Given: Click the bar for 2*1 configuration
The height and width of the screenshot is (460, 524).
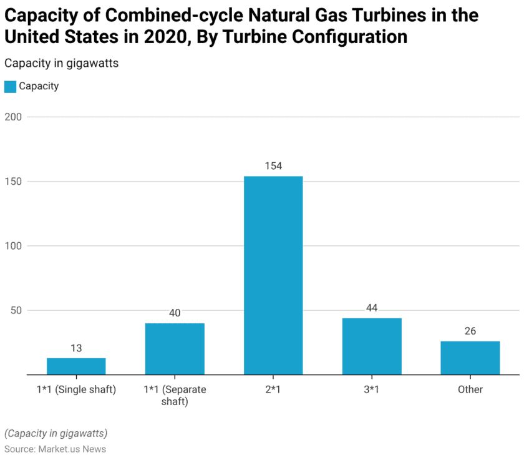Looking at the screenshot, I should click(273, 275).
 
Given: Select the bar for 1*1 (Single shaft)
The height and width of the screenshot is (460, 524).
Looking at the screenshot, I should click(76, 366).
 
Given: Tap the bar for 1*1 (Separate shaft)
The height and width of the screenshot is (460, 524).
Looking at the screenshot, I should click(175, 349).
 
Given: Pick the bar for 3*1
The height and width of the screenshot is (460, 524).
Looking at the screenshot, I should click(372, 346).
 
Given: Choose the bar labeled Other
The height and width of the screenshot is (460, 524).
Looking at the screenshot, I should click(470, 358).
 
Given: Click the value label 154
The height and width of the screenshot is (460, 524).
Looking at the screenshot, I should click(273, 166).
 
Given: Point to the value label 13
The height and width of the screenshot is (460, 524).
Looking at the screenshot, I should click(76, 348).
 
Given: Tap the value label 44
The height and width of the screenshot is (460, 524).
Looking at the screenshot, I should click(372, 308).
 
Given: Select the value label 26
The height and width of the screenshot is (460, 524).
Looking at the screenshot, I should click(470, 331).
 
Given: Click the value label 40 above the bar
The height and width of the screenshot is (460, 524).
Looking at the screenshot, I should click(175, 313).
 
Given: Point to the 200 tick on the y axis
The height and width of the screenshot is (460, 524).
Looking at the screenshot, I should click(14, 117).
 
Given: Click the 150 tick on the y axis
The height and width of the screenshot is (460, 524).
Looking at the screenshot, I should click(14, 182).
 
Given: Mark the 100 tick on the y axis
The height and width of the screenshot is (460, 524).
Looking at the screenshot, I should click(14, 246).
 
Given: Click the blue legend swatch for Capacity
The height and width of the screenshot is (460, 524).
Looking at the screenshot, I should click(10, 87).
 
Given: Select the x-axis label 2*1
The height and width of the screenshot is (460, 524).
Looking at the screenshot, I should click(273, 389).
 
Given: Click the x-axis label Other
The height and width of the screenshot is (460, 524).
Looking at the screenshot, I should click(470, 389).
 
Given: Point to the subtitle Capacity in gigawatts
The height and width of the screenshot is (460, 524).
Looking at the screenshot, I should click(61, 63).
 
